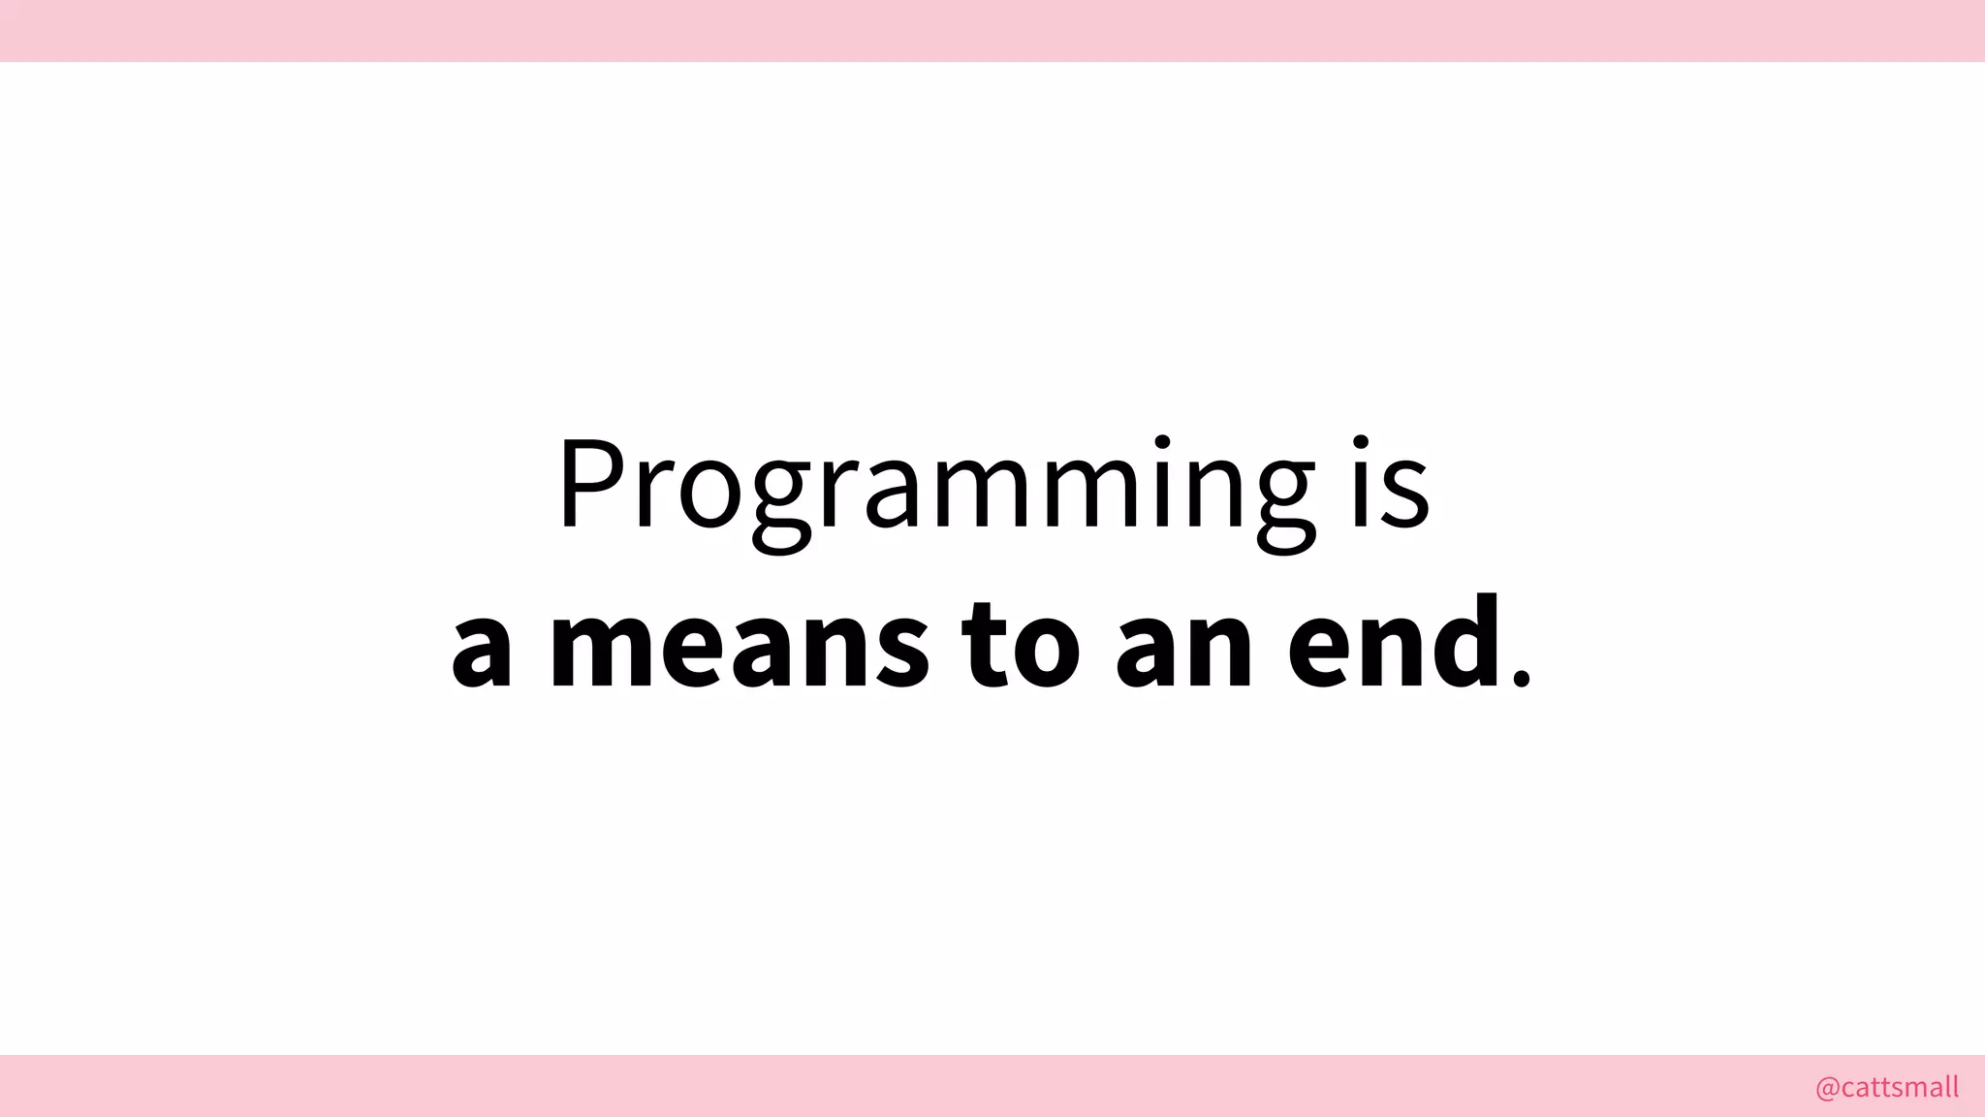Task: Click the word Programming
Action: [x=935, y=490]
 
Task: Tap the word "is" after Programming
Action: [x=1391, y=485]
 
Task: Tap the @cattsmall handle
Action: [x=1886, y=1087]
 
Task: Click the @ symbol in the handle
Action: [x=1827, y=1088]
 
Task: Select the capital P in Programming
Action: [x=590, y=485]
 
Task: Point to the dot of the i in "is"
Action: [x=1362, y=444]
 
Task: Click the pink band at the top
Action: [x=992, y=30]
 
